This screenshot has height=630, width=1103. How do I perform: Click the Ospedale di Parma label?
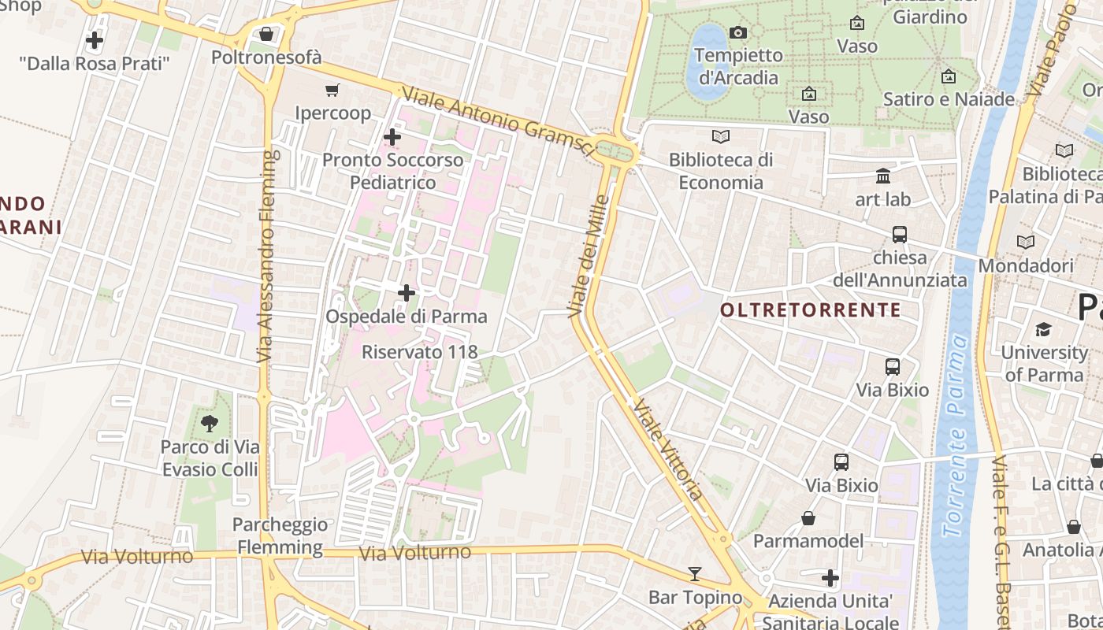click(407, 317)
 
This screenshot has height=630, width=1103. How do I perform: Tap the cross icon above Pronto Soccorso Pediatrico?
click(392, 137)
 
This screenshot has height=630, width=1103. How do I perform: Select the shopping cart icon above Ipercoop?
click(332, 91)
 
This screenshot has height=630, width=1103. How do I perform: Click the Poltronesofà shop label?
click(266, 57)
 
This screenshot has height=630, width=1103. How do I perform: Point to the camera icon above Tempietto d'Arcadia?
click(738, 32)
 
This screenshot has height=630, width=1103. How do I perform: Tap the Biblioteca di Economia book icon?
click(720, 136)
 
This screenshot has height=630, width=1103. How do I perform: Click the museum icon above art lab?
click(882, 176)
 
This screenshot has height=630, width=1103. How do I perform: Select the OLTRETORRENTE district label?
click(810, 310)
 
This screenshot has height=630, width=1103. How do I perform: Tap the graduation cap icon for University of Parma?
click(1044, 329)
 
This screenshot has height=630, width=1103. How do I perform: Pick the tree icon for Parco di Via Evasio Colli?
click(210, 424)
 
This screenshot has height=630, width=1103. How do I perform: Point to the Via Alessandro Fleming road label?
click(269, 256)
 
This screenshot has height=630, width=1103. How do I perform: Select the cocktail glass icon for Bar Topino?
click(694, 573)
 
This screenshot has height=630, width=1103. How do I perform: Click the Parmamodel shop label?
click(808, 541)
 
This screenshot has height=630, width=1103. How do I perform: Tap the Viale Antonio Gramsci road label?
click(497, 120)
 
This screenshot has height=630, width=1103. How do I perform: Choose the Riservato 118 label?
click(420, 352)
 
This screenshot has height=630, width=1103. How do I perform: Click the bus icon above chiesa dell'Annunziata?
click(899, 234)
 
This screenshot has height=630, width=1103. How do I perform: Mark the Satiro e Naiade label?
click(949, 99)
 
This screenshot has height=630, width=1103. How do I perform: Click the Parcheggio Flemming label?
click(280, 535)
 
